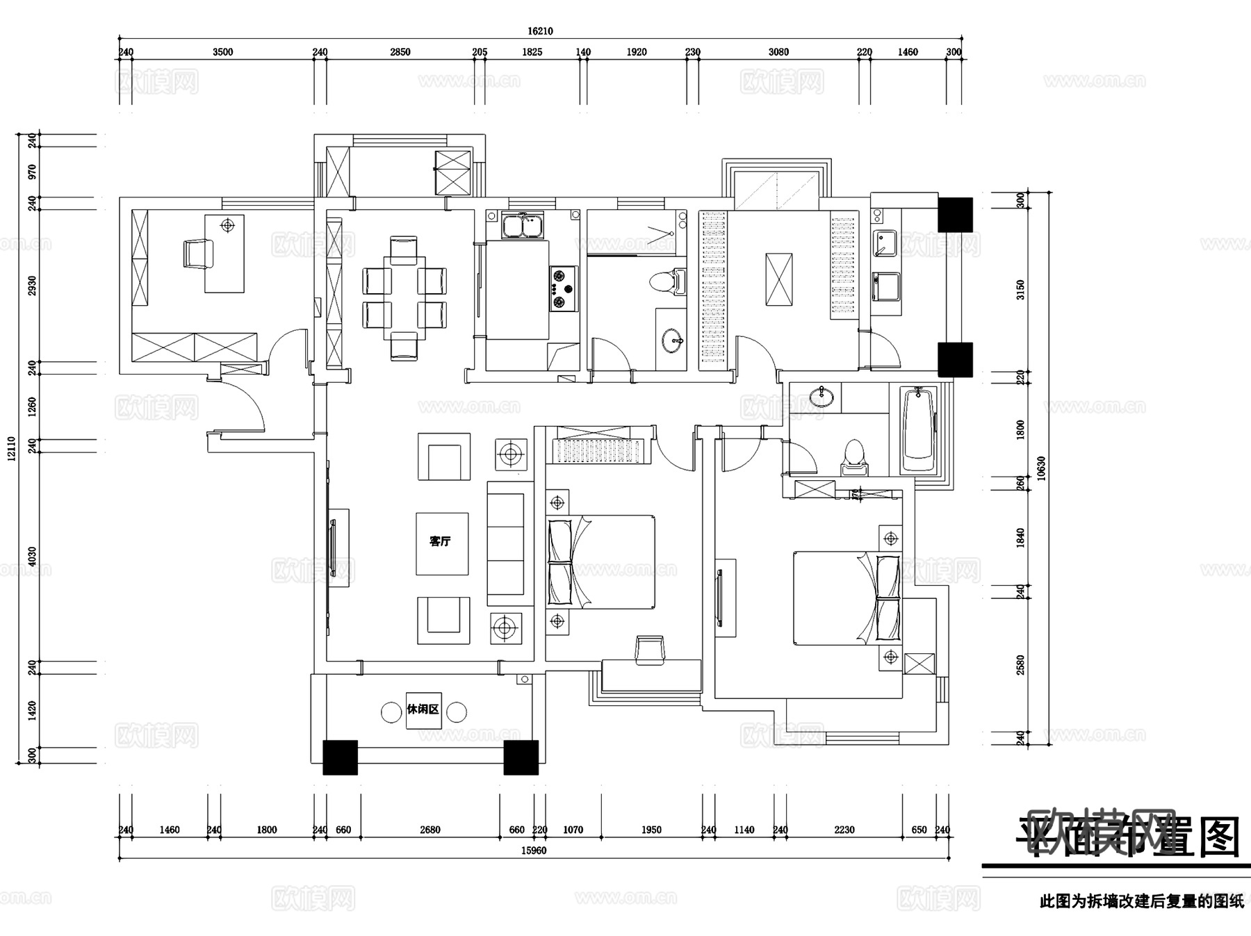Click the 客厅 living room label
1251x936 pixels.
tap(440, 541)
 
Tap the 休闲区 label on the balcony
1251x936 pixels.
tap(423, 709)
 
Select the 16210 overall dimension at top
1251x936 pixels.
tap(540, 31)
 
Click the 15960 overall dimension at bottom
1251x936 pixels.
tap(534, 851)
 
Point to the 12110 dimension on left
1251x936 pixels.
tap(11, 449)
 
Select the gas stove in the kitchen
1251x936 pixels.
tap(562, 288)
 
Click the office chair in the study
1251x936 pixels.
tap(198, 253)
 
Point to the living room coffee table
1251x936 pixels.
tap(442, 543)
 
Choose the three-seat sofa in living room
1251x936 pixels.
tap(506, 543)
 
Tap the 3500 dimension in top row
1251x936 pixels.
tap(222, 52)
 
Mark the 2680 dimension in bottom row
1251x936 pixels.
tap(430, 830)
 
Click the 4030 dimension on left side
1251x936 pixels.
tap(32, 556)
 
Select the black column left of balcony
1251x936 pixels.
tap(340, 757)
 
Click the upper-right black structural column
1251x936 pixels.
tap(955, 215)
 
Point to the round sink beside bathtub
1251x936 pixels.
tap(822, 396)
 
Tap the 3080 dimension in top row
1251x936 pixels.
tap(778, 52)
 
